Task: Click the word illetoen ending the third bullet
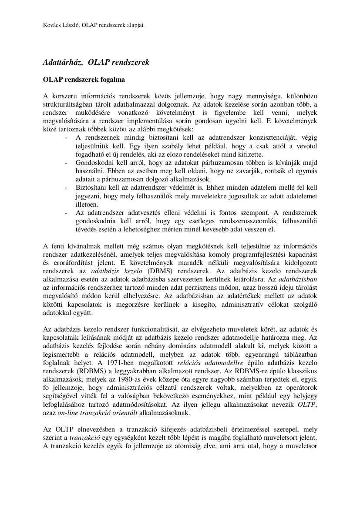click(87, 204)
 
